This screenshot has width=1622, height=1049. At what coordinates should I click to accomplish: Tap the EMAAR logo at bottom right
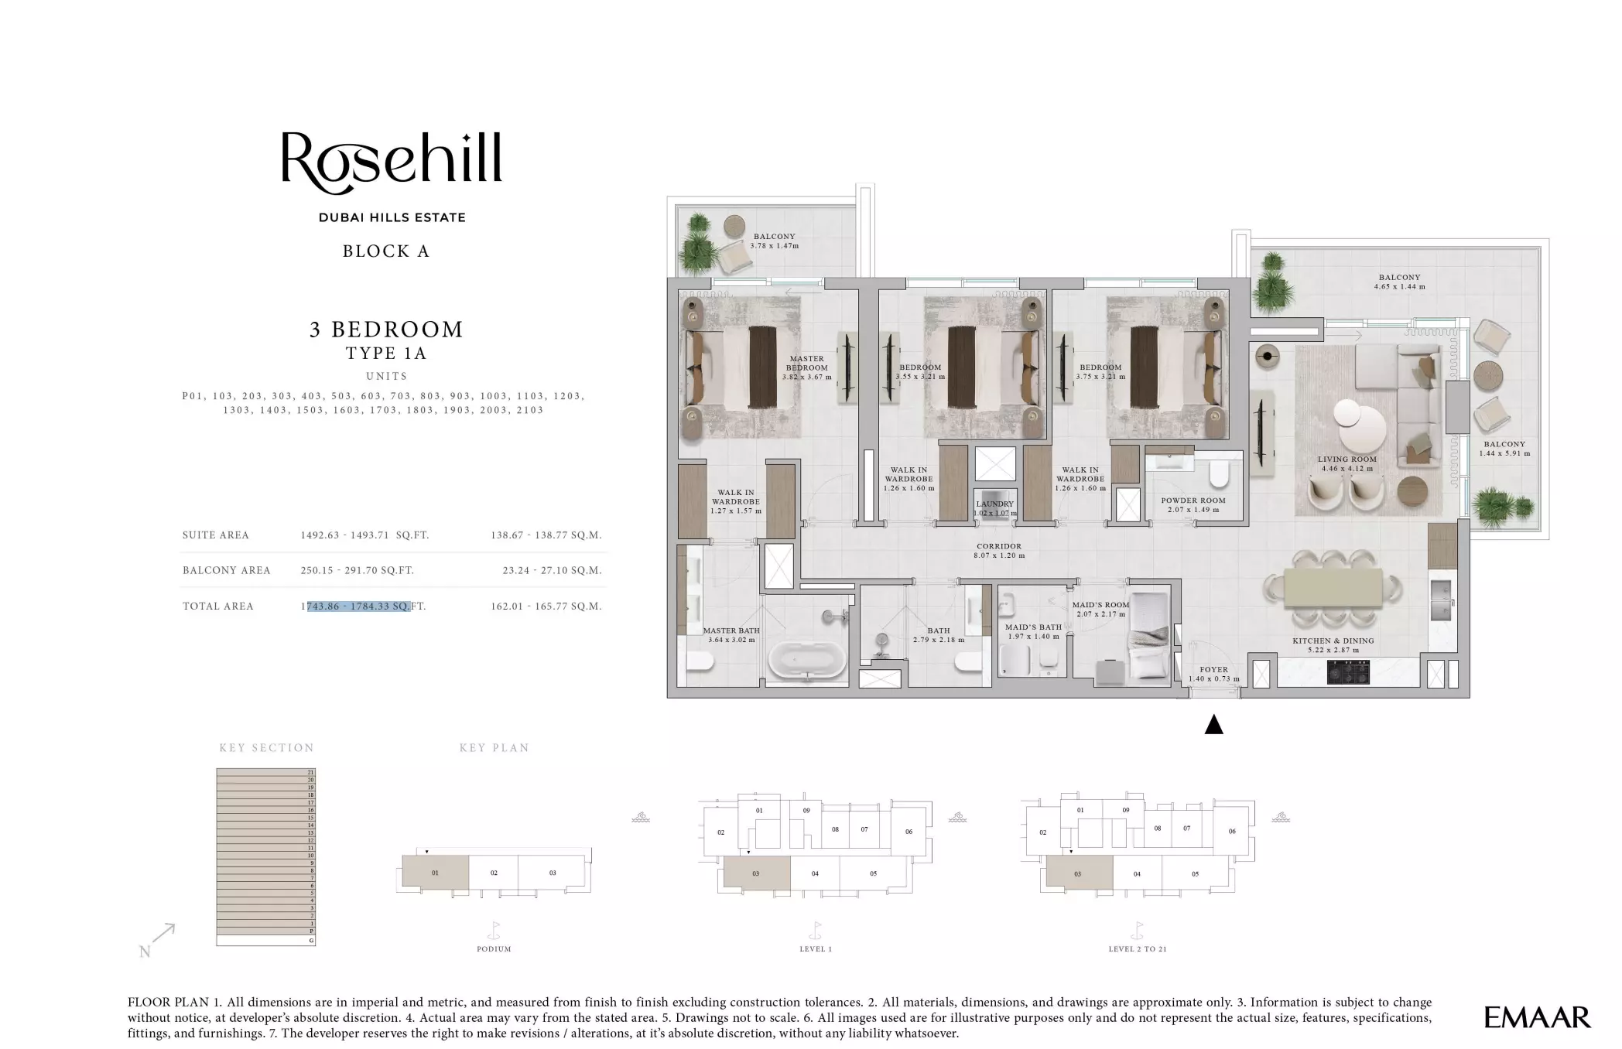coord(1537,1017)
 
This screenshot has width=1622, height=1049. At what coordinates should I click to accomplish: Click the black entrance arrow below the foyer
coord(1213,725)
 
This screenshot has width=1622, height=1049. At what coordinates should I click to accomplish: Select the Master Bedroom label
coord(806,367)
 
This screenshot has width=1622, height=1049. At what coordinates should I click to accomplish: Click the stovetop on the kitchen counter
coord(1348,671)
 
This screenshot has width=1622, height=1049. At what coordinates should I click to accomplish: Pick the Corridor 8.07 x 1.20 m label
coord(999,551)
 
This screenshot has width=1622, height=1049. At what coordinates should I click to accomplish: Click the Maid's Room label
coord(1100,609)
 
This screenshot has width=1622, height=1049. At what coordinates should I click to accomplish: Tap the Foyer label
coord(1213,674)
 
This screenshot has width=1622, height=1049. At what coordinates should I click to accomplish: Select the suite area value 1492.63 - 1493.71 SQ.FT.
coord(364,535)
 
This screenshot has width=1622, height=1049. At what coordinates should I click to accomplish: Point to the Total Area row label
coord(217,606)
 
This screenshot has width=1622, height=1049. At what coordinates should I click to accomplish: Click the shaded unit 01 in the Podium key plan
coord(435,872)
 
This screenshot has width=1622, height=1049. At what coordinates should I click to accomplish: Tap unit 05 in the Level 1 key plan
coord(873,873)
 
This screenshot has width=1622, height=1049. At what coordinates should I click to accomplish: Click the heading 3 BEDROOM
coord(386,330)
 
